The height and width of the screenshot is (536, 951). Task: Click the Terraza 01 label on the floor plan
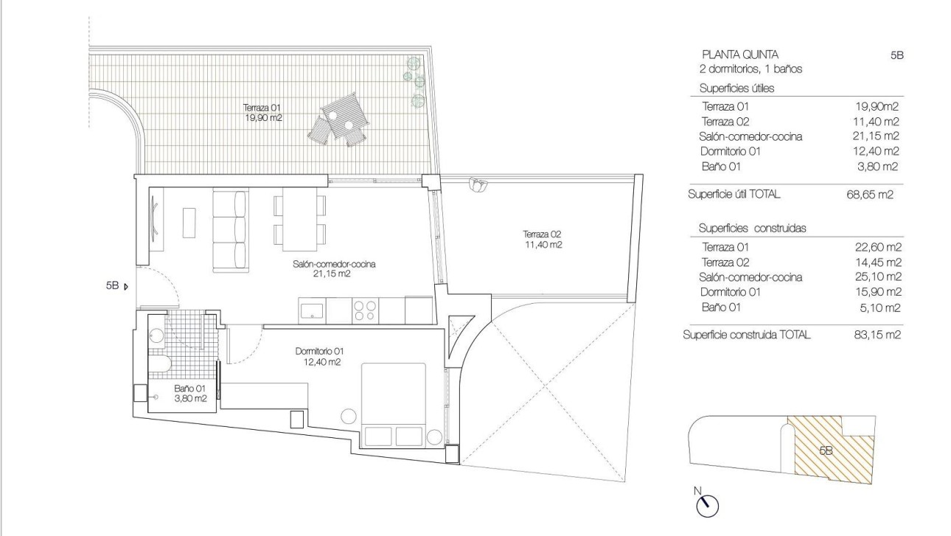coord(265,111)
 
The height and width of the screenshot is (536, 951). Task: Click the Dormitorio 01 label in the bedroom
coord(318,357)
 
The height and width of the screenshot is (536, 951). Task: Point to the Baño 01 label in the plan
coord(189,392)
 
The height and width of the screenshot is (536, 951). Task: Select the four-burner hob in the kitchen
coord(363,310)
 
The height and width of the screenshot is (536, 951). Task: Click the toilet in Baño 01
coord(158,366)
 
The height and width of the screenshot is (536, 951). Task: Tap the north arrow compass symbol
coord(707,504)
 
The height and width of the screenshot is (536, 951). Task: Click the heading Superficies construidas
coord(752,228)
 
